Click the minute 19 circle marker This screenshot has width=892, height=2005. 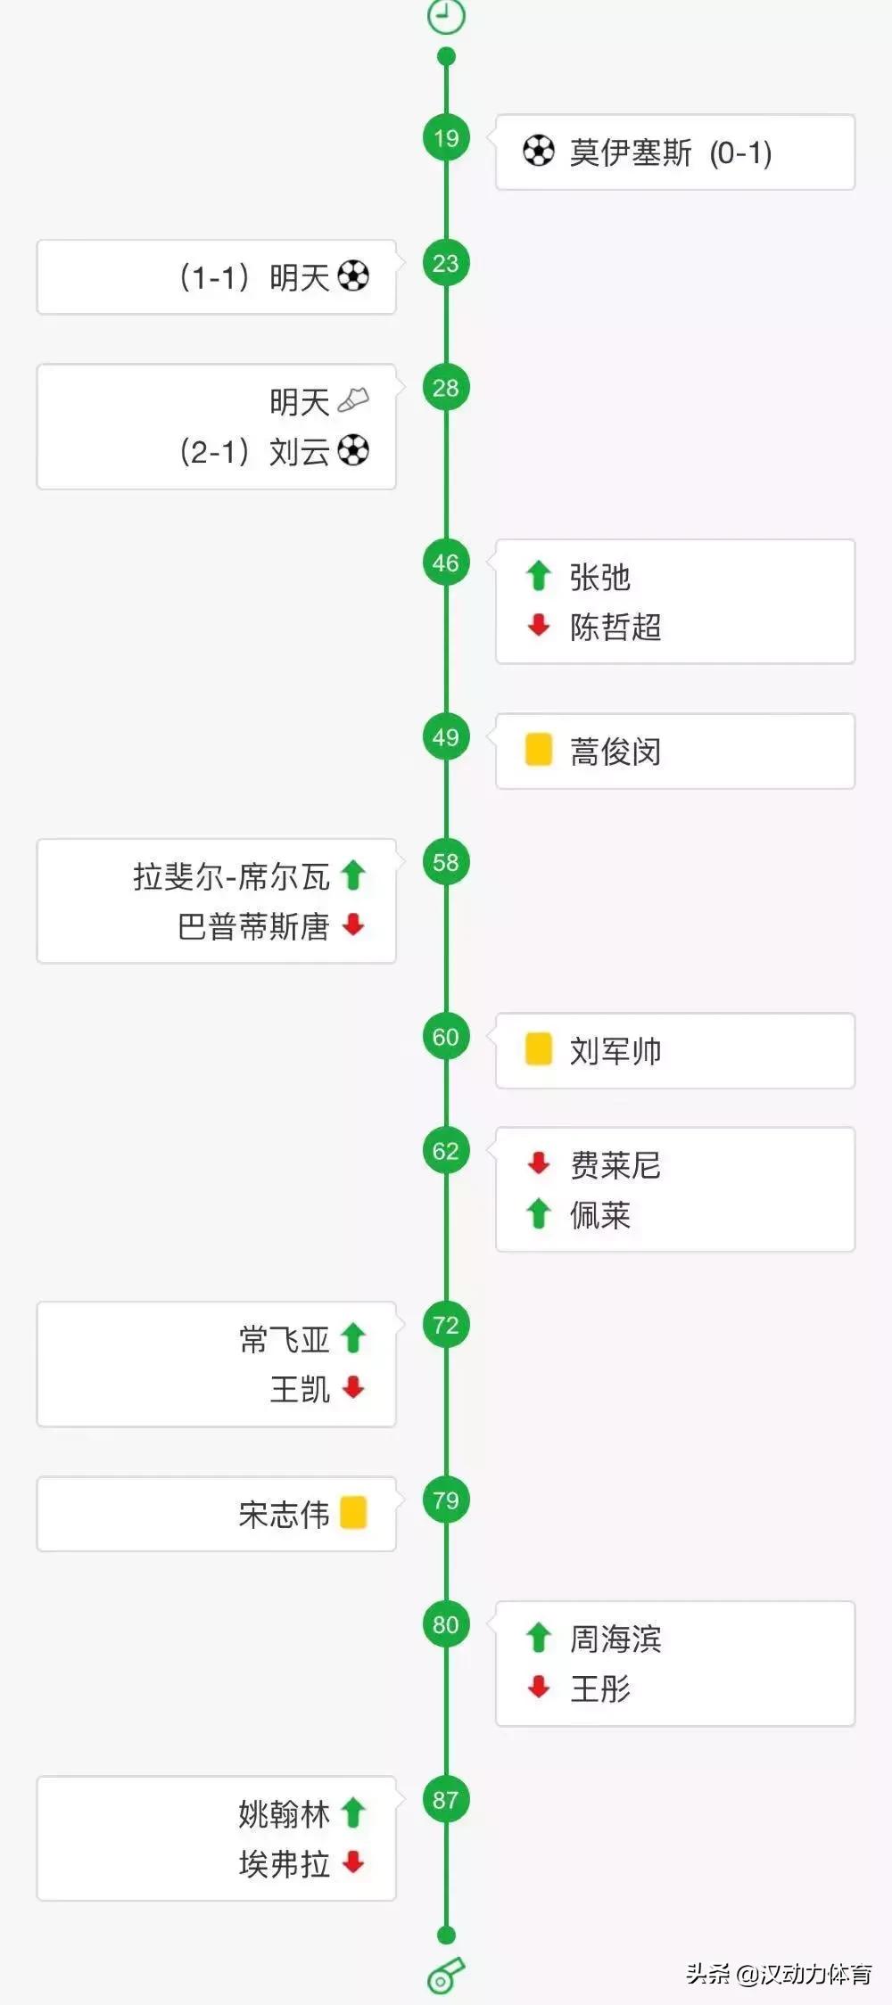[x=446, y=138]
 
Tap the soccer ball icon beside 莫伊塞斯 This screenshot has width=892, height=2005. [x=538, y=151]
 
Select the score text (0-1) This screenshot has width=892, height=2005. [x=740, y=152]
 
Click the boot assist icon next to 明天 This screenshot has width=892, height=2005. [x=353, y=401]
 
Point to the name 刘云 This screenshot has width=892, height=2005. [x=300, y=451]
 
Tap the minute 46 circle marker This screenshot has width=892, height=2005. [x=446, y=563]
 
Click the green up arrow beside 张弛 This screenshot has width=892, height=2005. [x=538, y=576]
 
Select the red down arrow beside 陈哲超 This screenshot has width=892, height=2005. [x=538, y=626]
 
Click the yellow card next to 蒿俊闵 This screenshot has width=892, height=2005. [x=538, y=750]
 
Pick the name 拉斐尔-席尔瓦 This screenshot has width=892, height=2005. [x=231, y=876]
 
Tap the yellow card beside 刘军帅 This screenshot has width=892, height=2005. [x=538, y=1049]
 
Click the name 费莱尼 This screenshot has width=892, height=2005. [x=615, y=1165]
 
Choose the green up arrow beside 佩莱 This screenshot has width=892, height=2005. [x=538, y=1213]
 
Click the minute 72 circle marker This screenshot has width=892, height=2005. [x=446, y=1325]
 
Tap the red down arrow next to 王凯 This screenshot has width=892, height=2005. [x=353, y=1387]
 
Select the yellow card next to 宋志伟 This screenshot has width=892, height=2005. [x=353, y=1513]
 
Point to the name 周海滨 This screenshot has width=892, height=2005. [x=615, y=1639]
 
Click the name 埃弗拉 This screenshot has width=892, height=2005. [x=284, y=1863]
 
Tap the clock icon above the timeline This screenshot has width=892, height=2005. [x=446, y=15]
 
